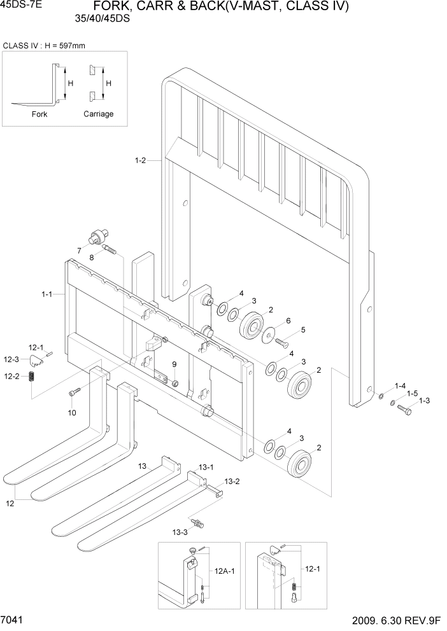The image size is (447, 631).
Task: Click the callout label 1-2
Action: (x=141, y=161)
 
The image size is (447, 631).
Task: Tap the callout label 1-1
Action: (x=47, y=295)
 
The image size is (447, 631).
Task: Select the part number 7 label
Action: (x=79, y=250)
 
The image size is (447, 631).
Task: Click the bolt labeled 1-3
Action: (x=404, y=411)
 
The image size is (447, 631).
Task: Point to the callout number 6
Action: (x=288, y=321)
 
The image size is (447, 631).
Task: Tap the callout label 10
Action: (x=72, y=412)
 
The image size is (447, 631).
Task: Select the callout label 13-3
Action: (x=180, y=531)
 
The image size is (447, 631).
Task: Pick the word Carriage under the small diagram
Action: (x=99, y=114)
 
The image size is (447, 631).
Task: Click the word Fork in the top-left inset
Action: (x=39, y=114)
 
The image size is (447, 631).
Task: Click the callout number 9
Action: (x=174, y=363)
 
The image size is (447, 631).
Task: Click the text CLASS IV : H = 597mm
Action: (x=45, y=46)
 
